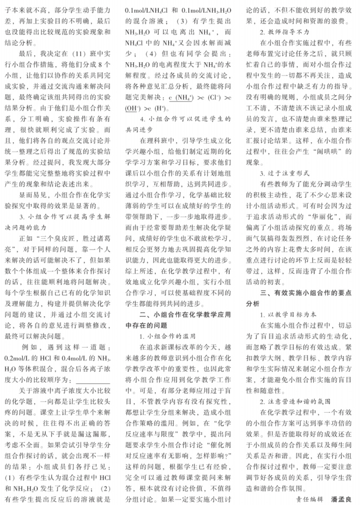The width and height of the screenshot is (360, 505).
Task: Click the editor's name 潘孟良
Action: point(342,499)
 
